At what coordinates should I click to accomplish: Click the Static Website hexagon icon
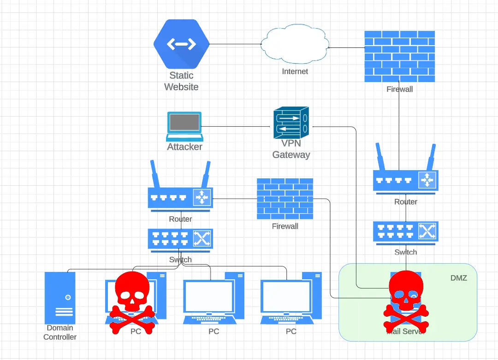[x=181, y=44]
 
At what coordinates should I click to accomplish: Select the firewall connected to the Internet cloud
[x=399, y=56]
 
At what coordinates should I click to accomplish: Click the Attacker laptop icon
[x=184, y=126]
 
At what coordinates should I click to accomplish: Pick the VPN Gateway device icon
[x=290, y=123]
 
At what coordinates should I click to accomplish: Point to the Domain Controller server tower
[x=60, y=298]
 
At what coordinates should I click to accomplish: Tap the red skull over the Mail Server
[x=406, y=302]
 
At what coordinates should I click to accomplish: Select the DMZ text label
[x=459, y=278]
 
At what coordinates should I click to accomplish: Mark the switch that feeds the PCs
[x=180, y=239]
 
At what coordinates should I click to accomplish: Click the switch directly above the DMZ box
[x=405, y=232]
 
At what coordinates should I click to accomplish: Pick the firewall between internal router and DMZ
[x=285, y=199]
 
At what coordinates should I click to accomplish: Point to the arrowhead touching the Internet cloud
[x=331, y=47]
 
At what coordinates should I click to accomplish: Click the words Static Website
[x=181, y=81]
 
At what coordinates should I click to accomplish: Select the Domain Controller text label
[x=60, y=332]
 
